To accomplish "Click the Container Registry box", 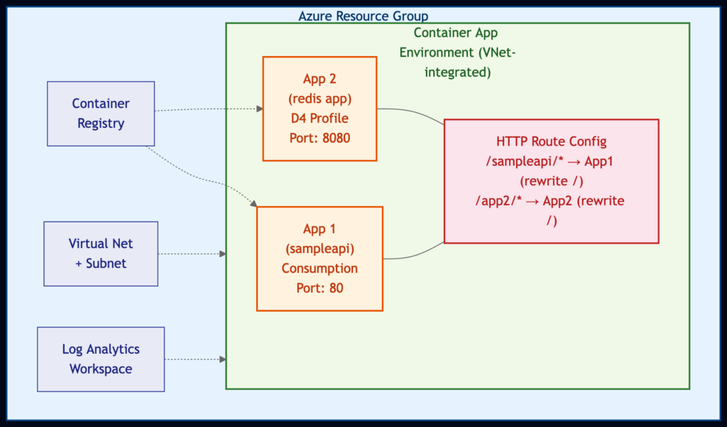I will pos(101,114).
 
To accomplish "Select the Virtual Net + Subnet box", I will pos(101,254).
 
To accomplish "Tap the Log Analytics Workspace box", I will pos(101,360).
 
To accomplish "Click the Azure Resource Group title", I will pos(363,16).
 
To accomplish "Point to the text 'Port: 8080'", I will pos(319,137).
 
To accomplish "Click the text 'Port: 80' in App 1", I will pos(319,288).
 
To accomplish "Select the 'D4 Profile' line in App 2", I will pos(319,117).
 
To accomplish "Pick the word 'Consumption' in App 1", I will pos(319,269).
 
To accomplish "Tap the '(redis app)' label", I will pos(319,98).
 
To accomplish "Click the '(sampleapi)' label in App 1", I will pos(319,249).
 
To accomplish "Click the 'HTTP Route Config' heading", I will pos(551,141).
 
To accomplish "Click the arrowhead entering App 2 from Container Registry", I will pos(259,109).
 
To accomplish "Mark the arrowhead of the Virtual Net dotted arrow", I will pos(223,254).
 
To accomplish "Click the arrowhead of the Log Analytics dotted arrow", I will pos(223,360).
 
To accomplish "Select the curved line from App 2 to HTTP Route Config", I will pos(415,112).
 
